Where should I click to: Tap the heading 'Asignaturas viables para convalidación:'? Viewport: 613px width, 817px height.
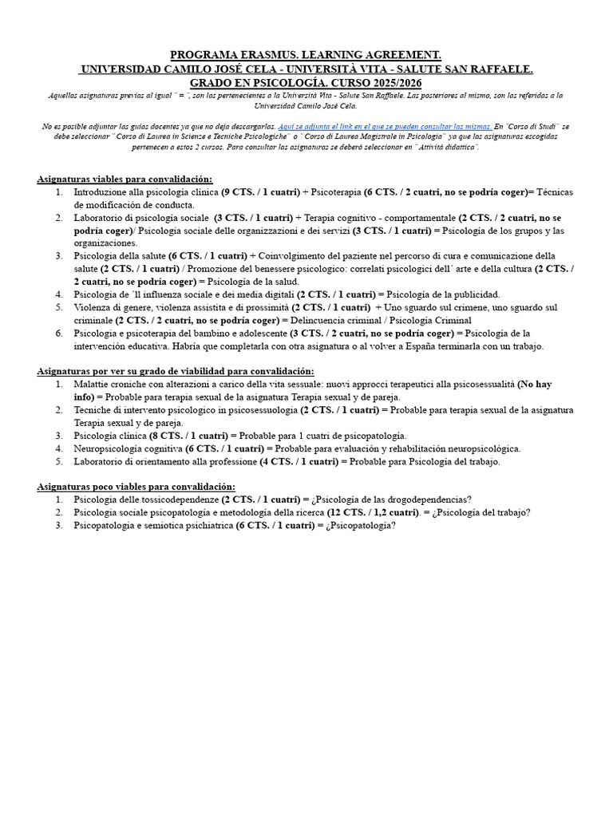pos(125,179)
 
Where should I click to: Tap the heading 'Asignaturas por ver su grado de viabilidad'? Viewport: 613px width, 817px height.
pos(176,370)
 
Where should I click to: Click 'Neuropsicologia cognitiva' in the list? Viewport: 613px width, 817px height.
pos(127,448)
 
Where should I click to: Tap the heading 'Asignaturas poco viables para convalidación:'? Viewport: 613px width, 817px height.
pos(136,486)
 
